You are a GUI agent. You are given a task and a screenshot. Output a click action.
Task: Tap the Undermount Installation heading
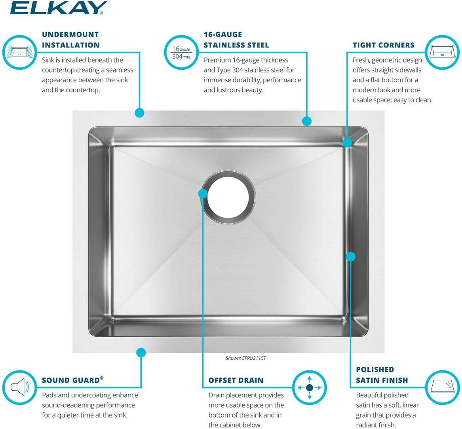(x=70, y=40)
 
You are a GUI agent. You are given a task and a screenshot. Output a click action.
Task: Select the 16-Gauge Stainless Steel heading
(x=236, y=40)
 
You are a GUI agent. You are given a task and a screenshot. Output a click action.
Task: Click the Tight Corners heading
(x=383, y=45)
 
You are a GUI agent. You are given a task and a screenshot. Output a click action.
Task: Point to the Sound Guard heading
(x=72, y=380)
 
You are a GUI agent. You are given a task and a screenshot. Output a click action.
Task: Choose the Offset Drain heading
(x=236, y=380)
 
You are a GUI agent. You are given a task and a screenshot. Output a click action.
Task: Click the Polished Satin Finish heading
(x=382, y=375)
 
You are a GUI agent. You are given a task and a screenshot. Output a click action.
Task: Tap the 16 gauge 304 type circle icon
(x=182, y=52)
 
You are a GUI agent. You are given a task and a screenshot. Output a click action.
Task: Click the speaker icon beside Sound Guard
(x=19, y=387)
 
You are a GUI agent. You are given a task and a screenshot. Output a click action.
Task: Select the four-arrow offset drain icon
(x=310, y=387)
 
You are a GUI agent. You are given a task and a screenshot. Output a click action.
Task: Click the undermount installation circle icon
(x=19, y=52)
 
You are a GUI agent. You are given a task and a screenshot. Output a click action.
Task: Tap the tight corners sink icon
(x=442, y=52)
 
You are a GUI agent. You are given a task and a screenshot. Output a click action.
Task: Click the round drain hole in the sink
(x=228, y=195)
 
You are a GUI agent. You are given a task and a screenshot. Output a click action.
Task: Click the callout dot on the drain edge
(x=203, y=194)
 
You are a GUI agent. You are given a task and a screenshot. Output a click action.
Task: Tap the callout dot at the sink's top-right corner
(x=347, y=142)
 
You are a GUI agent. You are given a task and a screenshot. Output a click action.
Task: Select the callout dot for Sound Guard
(x=141, y=352)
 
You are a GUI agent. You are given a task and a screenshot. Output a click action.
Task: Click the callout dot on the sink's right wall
(x=351, y=257)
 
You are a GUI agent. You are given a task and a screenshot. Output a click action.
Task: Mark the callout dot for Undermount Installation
(x=139, y=113)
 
